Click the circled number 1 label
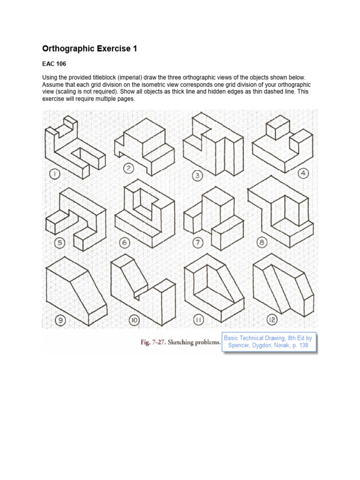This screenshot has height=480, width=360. pyautogui.click(x=55, y=175)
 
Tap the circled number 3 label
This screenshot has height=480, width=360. pyautogui.click(x=197, y=176)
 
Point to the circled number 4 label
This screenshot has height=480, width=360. pyautogui.click(x=303, y=173)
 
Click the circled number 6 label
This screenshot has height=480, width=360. pyautogui.click(x=125, y=243)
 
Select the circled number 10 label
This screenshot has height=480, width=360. pyautogui.click(x=134, y=321)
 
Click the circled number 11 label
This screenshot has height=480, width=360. pyautogui.click(x=198, y=320)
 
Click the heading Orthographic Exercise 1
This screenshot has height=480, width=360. pyautogui.click(x=90, y=48)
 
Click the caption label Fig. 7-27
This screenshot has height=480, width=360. pyautogui.click(x=156, y=343)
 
